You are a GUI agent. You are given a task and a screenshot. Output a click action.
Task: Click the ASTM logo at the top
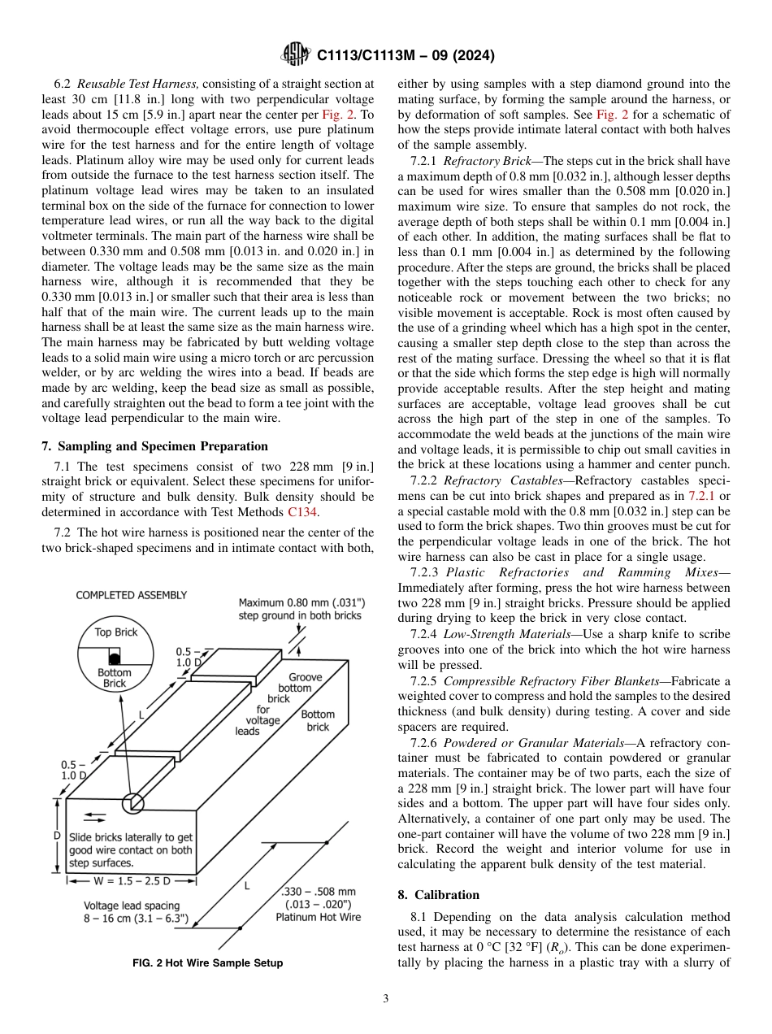(294, 54)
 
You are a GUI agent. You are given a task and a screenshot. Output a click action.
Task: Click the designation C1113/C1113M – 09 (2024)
(405, 55)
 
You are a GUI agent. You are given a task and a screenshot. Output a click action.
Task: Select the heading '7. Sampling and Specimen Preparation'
(154, 446)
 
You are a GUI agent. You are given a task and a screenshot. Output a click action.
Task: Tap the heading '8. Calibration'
(438, 895)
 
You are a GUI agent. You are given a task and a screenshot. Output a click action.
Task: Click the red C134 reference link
(303, 512)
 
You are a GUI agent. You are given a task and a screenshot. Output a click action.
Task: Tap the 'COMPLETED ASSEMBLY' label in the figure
(131, 595)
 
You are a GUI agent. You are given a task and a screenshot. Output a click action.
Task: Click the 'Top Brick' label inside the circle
(115, 632)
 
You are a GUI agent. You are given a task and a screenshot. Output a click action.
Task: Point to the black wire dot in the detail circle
(115, 657)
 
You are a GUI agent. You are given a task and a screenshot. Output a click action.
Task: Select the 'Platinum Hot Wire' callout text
(318, 917)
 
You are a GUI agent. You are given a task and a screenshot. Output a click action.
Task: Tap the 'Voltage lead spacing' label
(132, 905)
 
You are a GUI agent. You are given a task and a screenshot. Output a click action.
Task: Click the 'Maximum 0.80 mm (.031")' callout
(301, 602)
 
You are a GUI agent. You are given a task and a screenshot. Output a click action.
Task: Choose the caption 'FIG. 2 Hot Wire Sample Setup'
(208, 963)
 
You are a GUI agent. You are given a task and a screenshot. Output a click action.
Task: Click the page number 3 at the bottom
(385, 999)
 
